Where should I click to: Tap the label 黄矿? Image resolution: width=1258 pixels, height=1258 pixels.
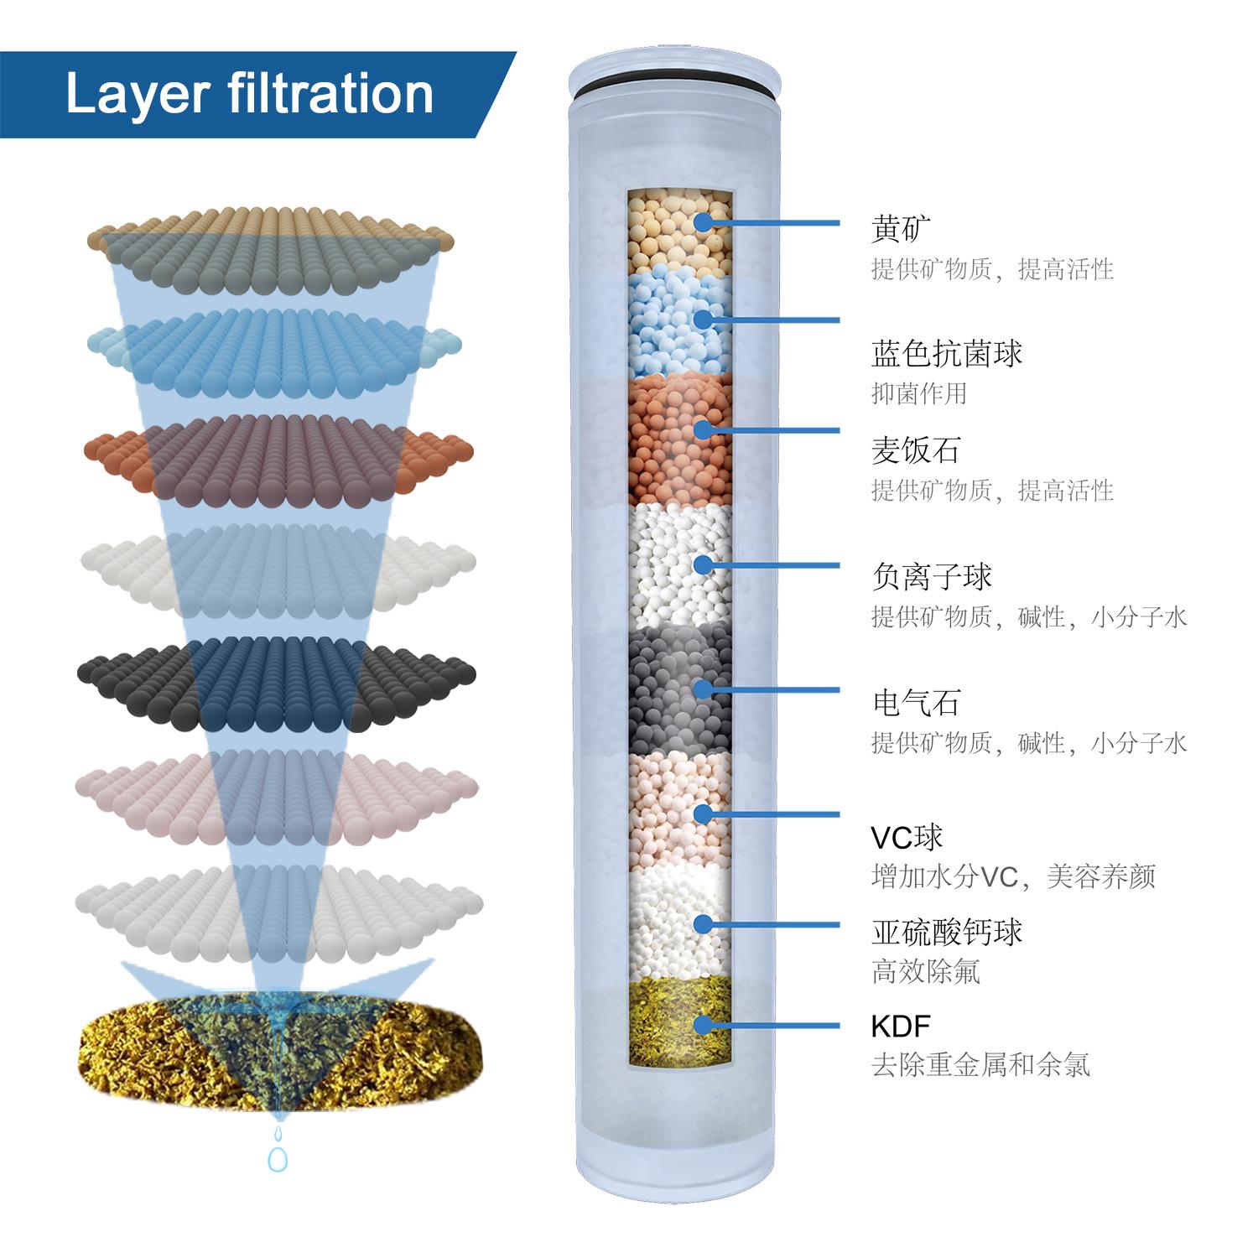[901, 228]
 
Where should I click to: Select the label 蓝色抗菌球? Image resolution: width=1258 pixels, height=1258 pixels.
[947, 353]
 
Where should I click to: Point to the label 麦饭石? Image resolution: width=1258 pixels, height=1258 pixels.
[915, 450]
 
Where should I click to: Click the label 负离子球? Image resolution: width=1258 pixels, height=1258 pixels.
[932, 576]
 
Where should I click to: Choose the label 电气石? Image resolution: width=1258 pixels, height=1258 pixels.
[915, 702]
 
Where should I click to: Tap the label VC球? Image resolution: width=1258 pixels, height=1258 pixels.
[907, 836]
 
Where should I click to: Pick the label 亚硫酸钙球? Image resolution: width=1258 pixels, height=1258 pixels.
[947, 932]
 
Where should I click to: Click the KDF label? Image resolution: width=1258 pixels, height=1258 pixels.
[901, 1026]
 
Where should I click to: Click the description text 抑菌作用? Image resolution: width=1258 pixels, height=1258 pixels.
[919, 392]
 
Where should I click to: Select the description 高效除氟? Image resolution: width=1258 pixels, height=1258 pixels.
[925, 972]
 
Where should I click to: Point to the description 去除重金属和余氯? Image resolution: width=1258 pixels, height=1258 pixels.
[980, 1065]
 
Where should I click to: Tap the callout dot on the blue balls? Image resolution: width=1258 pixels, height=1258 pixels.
[703, 320]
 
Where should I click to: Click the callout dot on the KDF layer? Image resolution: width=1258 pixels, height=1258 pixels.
[703, 1024]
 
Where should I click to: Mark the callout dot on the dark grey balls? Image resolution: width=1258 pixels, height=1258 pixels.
[703, 689]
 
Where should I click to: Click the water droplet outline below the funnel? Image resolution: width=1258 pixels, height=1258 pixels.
[277, 1158]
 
